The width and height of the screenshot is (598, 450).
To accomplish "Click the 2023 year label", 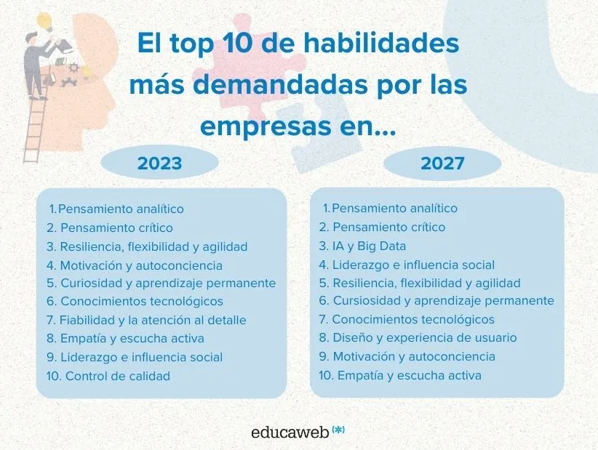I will pos(159,164).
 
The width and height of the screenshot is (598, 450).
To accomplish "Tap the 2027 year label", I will pos(442,164).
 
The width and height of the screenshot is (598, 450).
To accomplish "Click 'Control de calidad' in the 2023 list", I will pos(117,376).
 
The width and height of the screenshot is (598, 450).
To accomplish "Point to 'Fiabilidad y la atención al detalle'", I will pos(153,320).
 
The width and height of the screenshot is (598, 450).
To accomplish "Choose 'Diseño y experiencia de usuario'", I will pos(424,338).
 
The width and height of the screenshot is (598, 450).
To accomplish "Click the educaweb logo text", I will pos(289,432).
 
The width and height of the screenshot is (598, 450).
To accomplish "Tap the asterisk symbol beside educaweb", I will pos(338,430).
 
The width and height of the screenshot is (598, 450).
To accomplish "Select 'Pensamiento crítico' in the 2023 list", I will pos(116,228).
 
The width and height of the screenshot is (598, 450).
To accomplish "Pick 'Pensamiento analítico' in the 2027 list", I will pos(394,209).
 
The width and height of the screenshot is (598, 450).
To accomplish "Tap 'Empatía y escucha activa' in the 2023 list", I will pos(132,338).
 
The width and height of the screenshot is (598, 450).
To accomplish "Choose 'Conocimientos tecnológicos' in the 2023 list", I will pos(141,301).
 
